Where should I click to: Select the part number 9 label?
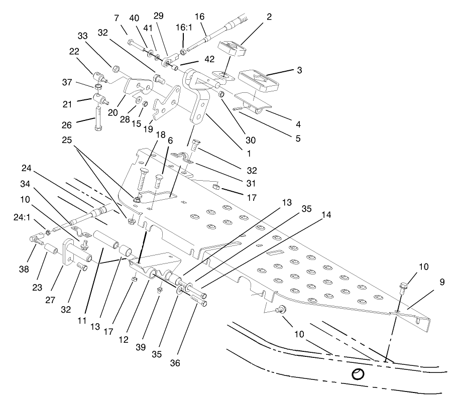(442, 282)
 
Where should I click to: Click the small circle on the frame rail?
(358, 374)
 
